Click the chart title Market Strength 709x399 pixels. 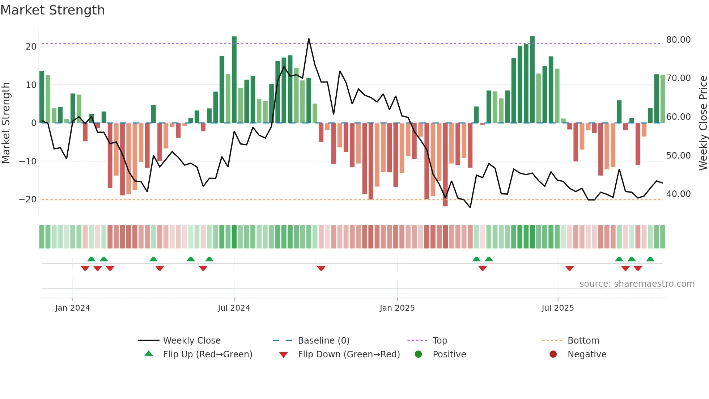click(52, 10)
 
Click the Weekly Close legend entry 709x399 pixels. click(191, 340)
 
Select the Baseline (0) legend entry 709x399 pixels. click(323, 340)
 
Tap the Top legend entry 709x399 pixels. click(440, 340)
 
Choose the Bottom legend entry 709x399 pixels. click(583, 340)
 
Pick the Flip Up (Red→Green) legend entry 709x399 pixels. click(207, 354)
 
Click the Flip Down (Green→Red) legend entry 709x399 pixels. click(349, 354)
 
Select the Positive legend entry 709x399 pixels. click(449, 354)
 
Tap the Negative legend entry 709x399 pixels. click(587, 354)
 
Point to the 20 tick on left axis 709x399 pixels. click(31, 46)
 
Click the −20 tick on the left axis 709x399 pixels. click(28, 199)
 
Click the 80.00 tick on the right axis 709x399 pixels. click(678, 39)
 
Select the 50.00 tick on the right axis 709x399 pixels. click(678, 155)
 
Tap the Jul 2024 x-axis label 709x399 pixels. click(234, 308)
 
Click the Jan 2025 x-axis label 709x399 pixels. click(397, 308)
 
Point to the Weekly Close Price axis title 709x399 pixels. click(703, 123)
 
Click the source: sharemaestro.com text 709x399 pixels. click(637, 283)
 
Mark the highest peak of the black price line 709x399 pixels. click(309, 39)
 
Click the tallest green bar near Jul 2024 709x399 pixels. click(234, 80)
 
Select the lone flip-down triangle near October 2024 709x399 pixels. click(321, 268)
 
